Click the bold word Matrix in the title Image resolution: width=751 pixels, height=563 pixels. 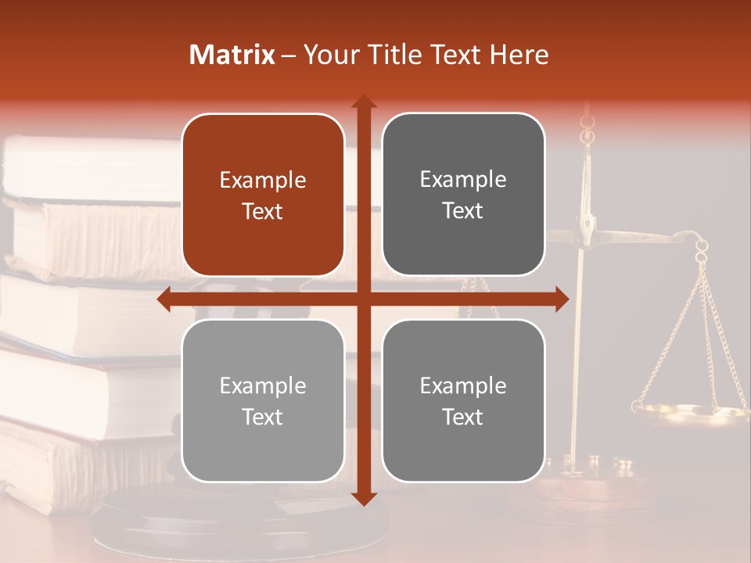[x=232, y=55]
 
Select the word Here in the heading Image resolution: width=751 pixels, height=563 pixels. [x=519, y=55]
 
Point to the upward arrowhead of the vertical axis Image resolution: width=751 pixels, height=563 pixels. [x=363, y=101]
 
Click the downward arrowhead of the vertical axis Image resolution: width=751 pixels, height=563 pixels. [x=363, y=498]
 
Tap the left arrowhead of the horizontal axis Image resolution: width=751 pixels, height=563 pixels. [x=164, y=299]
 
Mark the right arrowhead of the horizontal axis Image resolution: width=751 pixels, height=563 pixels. [x=562, y=299]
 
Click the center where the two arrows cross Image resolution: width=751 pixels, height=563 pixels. [x=363, y=299]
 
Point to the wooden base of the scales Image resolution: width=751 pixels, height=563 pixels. [x=595, y=489]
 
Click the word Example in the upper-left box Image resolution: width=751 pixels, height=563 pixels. [x=263, y=181]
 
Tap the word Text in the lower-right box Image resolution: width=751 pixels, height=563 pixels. [x=463, y=417]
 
